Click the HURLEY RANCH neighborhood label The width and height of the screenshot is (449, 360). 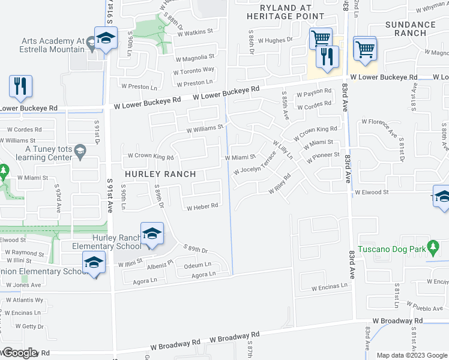pyautogui.click(x=160, y=174)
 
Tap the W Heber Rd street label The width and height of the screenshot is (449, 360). pyautogui.click(x=201, y=208)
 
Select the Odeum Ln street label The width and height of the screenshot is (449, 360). pyautogui.click(x=197, y=265)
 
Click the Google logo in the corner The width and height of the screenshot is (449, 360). pyautogui.click(x=20, y=353)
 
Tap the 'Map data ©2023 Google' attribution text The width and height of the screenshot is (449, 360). pyautogui.click(x=412, y=355)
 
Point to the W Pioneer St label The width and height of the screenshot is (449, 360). pyautogui.click(x=323, y=158)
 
